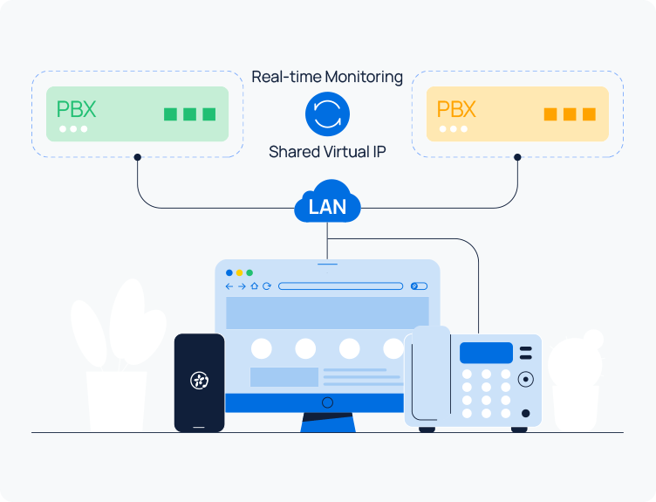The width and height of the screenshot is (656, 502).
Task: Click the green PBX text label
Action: point(76,110)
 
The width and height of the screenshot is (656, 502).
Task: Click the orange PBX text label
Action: point(456,110)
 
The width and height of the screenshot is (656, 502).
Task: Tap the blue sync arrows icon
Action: point(327,114)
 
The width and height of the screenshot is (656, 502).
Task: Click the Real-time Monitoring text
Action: point(327,77)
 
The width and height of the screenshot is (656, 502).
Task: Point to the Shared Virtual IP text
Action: point(327,152)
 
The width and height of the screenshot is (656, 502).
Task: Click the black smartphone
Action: point(199,382)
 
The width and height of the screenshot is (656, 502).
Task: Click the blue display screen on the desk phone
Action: point(486,353)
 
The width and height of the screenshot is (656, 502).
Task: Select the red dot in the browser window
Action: point(229,272)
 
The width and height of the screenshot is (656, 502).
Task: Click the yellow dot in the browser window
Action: point(240,272)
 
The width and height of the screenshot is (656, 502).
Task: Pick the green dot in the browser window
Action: point(249,272)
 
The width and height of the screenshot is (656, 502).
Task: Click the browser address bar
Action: point(340,285)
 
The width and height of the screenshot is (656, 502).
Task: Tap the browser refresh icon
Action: point(267,285)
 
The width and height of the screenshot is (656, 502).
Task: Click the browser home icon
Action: point(254,285)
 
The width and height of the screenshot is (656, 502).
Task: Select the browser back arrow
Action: point(229,285)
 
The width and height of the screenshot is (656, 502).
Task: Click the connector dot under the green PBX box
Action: point(137,158)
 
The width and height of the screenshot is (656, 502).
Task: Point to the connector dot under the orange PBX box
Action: point(517,158)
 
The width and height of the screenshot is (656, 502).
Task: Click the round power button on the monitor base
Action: point(327,402)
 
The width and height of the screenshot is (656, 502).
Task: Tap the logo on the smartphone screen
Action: point(199,380)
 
